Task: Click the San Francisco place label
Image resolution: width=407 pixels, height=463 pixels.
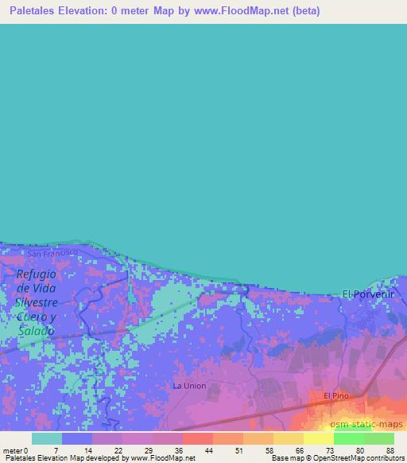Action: (52, 252)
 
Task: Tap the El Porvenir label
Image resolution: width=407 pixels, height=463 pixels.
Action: (368, 294)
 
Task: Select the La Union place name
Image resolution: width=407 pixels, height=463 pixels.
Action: (189, 386)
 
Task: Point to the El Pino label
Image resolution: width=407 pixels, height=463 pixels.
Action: (336, 395)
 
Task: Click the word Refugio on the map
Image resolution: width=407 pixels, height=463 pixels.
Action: (36, 274)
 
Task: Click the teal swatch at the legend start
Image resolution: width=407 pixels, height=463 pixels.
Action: (46, 438)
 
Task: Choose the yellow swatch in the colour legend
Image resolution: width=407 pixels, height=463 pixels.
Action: (318, 438)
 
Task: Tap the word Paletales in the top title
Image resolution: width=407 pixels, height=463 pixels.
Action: (37, 10)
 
